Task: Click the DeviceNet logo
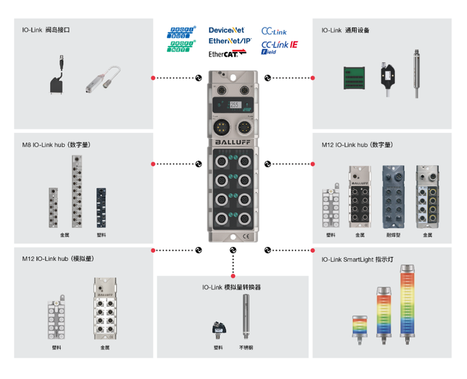(226, 30)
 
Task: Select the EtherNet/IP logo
(229, 41)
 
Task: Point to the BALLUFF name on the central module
(233, 141)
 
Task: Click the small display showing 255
(235, 105)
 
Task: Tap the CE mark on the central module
(246, 234)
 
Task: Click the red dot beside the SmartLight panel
(312, 250)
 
